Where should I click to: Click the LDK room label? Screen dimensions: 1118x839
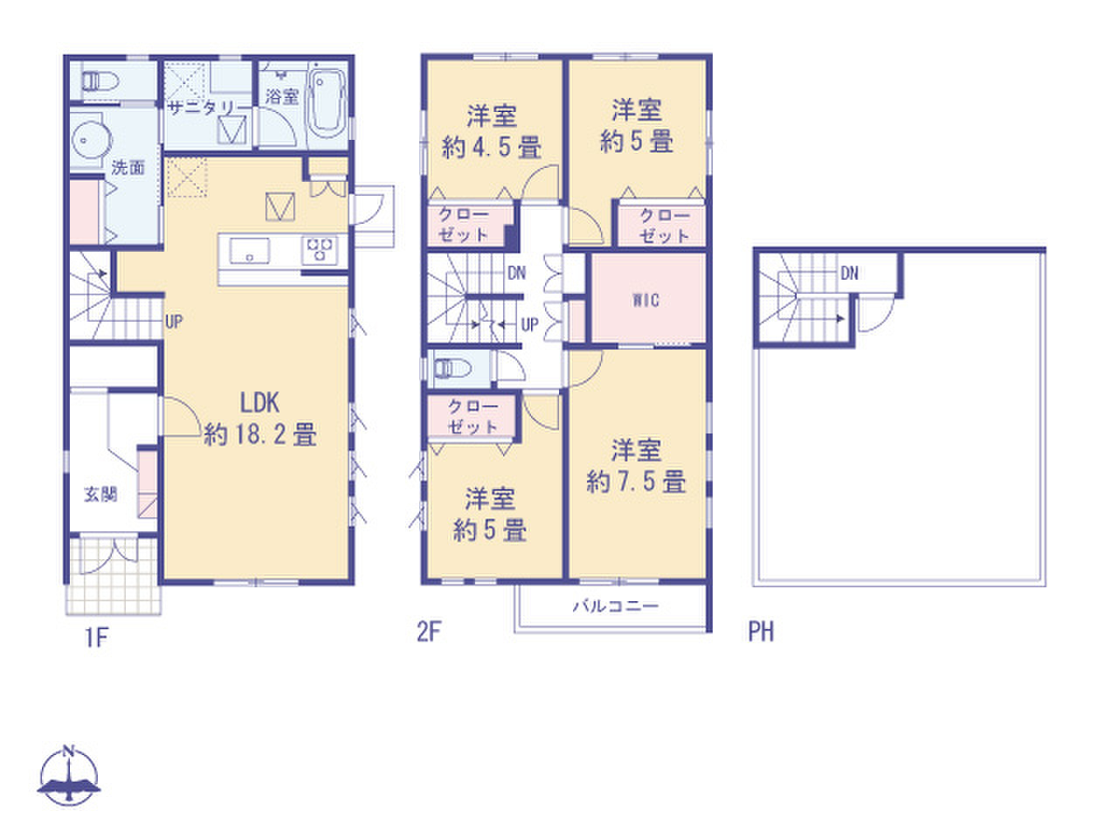[259, 419]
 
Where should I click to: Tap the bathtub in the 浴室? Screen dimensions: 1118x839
[328, 105]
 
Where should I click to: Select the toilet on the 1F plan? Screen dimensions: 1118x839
[100, 80]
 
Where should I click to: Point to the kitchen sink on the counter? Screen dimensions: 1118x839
[250, 251]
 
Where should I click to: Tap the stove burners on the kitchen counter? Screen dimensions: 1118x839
[320, 250]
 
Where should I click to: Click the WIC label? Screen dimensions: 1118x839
[645, 300]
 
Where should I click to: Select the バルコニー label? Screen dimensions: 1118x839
[616, 606]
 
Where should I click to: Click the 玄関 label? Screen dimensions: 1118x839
[100, 494]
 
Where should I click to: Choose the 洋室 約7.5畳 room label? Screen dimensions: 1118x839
[636, 466]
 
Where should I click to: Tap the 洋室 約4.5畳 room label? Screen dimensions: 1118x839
[492, 132]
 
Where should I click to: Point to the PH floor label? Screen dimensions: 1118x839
[761, 631]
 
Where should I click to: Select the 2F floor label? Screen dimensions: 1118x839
[428, 632]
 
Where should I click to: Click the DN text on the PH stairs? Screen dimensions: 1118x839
[849, 274]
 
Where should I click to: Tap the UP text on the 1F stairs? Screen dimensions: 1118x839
[174, 322]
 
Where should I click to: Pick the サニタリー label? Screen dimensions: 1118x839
[201, 108]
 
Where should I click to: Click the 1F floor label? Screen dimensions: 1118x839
[96, 637]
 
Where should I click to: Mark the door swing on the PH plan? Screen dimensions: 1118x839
[876, 313]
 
